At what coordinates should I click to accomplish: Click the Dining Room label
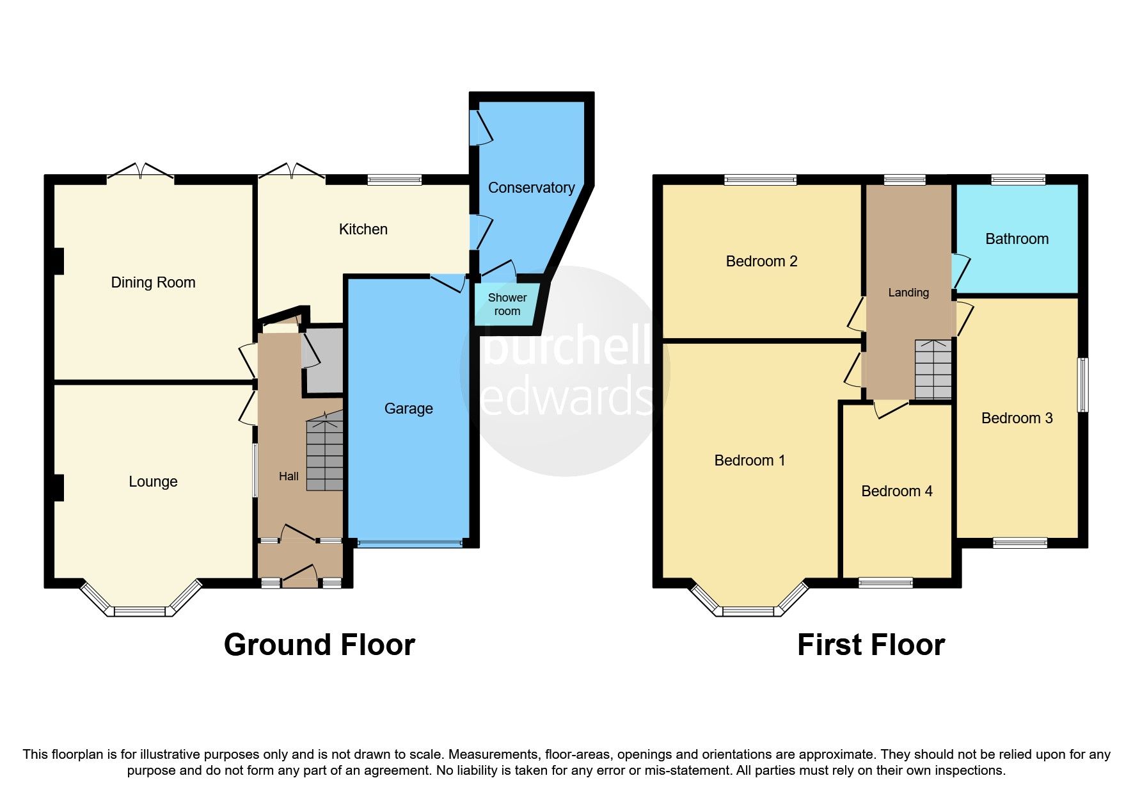[153, 282]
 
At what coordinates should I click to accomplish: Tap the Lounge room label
[153, 482]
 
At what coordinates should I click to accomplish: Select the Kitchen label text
[363, 229]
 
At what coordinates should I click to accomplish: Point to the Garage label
[408, 409]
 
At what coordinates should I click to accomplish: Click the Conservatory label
[531, 188]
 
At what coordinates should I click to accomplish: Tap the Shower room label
[507, 305]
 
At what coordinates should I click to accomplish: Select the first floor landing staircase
[933, 369]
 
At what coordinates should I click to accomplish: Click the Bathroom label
[1017, 239]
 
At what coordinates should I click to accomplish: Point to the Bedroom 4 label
[896, 491]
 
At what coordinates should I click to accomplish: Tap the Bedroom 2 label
[761, 261]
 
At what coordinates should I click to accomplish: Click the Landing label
[908, 293]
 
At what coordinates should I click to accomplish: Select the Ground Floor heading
[319, 645]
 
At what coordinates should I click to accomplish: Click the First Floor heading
[870, 645]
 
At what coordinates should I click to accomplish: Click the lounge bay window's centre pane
[139, 612]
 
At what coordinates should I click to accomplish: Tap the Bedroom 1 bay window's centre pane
[748, 612]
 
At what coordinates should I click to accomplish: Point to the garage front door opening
[409, 544]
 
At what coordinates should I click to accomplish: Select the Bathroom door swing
[960, 270]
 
